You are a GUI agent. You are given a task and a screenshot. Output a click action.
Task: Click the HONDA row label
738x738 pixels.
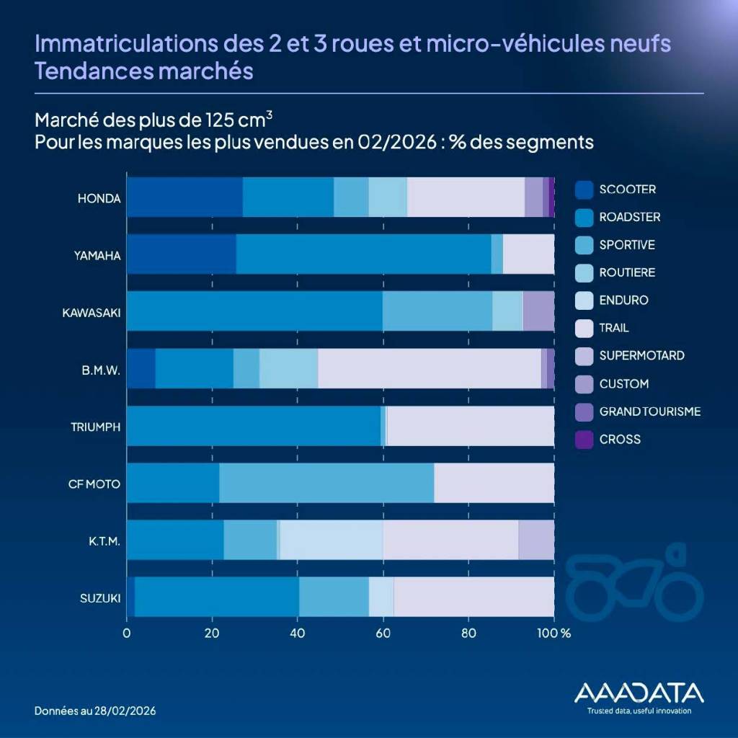99,198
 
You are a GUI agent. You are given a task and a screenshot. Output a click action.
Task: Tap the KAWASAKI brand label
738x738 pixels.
91,313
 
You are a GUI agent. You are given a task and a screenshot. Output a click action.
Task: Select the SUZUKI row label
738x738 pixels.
100,598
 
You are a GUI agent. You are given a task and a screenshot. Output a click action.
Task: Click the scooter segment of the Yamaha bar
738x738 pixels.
182,254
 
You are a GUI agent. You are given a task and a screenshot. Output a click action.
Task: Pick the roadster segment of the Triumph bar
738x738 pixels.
254,426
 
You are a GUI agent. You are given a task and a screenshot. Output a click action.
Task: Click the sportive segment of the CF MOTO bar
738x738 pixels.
326,483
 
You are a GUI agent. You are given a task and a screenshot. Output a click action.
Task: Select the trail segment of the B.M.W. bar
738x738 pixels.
430,368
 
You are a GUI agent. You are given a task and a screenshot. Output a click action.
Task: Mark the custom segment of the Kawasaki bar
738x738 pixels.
538,311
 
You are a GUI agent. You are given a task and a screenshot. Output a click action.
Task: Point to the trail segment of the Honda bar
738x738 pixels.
466,197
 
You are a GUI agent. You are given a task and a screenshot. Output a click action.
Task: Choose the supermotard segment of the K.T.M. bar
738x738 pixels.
536,540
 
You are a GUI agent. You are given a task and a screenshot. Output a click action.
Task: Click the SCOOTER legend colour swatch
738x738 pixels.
584,190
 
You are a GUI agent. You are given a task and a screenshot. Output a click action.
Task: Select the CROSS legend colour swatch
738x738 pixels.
584,439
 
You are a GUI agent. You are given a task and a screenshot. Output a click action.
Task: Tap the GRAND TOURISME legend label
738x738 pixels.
649,412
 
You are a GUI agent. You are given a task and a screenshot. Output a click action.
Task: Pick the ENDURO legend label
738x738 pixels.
623,301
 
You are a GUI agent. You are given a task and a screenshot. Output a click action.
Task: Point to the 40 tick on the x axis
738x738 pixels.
298,634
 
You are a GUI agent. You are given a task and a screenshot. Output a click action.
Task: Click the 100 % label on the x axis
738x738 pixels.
555,634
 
